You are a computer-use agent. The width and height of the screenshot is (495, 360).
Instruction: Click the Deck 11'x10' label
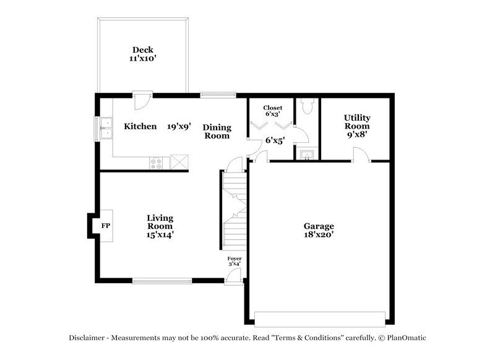142,54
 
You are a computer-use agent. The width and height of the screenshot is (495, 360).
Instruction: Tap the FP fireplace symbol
105,226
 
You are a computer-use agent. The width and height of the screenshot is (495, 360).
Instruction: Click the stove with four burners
157,163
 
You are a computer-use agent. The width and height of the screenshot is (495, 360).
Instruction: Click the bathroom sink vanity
306,154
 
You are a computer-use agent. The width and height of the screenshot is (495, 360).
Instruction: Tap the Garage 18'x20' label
319,231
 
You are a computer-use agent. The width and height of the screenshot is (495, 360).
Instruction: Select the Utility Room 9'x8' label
356,126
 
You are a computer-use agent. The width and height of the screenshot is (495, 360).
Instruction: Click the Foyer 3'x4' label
235,261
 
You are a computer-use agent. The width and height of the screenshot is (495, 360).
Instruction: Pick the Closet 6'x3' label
272,111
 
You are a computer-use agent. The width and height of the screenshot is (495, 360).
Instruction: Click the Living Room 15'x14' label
160,226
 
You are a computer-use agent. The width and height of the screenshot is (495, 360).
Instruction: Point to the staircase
235,210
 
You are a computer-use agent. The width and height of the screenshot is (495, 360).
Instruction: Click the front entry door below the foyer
233,277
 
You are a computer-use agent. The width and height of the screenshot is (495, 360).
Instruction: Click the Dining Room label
217,131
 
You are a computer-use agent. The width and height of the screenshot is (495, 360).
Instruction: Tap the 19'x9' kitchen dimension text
179,126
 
